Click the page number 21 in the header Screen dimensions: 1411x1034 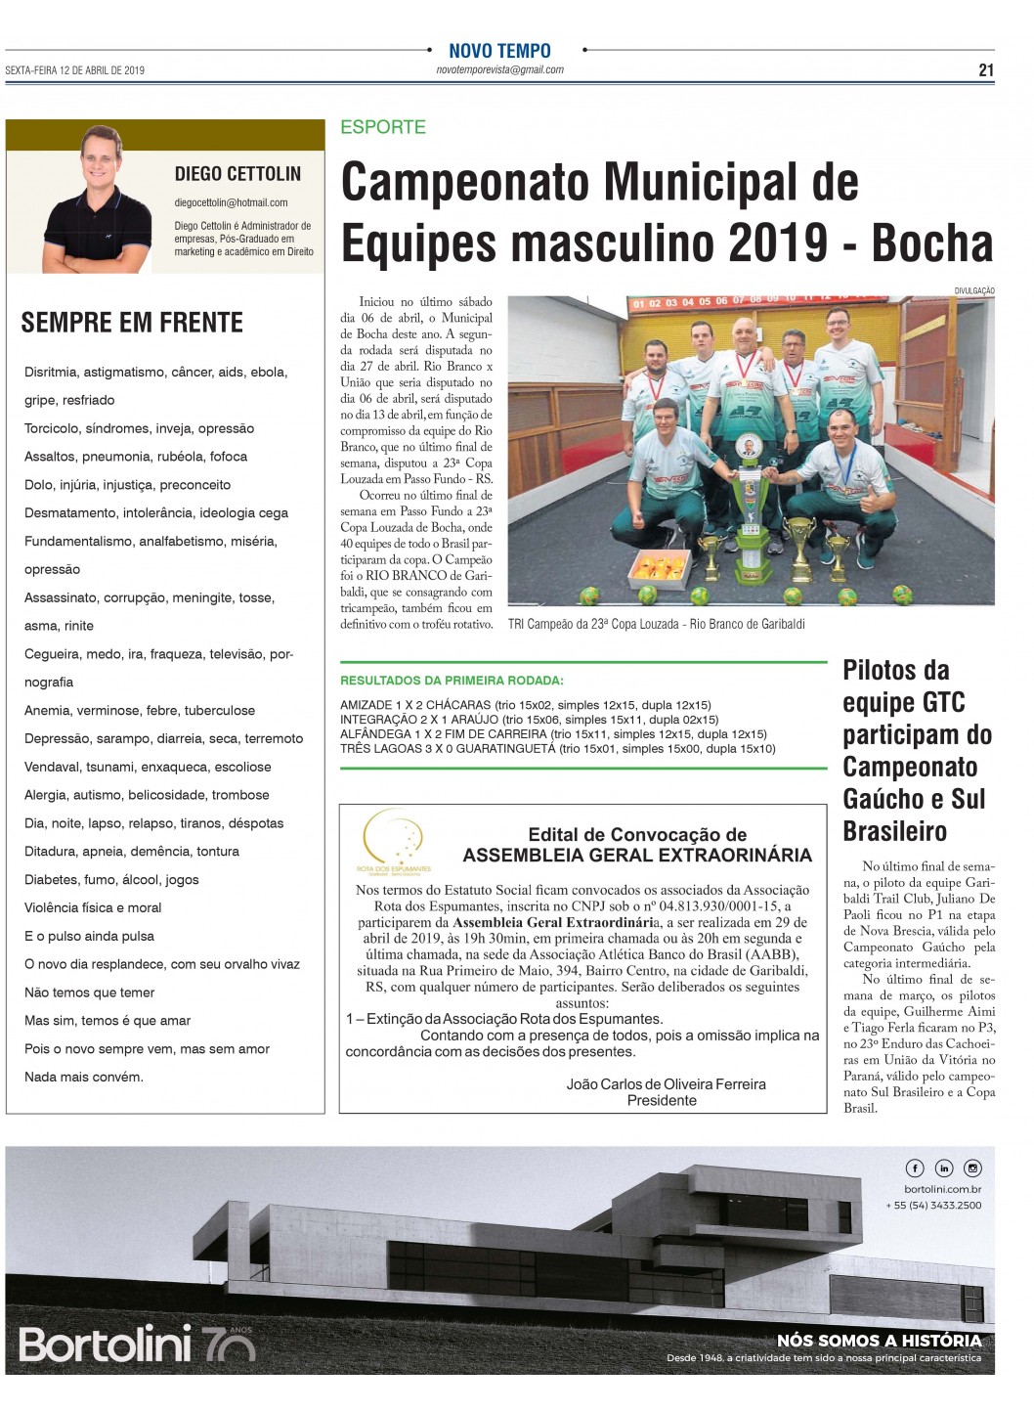[986, 69]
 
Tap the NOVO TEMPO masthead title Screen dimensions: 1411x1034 [499, 51]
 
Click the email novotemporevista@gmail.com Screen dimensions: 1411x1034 [499, 70]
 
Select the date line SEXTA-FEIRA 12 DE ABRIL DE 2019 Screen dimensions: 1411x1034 [75, 70]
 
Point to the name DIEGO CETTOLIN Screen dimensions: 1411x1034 [237, 174]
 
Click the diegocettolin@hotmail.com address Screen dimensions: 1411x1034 [231, 202]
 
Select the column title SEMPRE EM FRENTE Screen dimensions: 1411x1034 [132, 323]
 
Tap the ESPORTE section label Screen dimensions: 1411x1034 [383, 127]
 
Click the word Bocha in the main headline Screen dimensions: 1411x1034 [931, 243]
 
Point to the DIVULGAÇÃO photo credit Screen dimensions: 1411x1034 [973, 290]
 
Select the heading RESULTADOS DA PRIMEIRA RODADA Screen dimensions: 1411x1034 [452, 681]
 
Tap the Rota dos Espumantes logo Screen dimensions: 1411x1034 [394, 843]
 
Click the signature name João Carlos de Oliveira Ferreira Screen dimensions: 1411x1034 [666, 1084]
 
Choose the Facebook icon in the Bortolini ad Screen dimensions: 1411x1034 [915, 1168]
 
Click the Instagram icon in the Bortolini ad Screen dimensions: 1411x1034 [972, 1168]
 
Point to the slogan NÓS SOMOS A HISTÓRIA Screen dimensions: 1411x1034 [879, 1341]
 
